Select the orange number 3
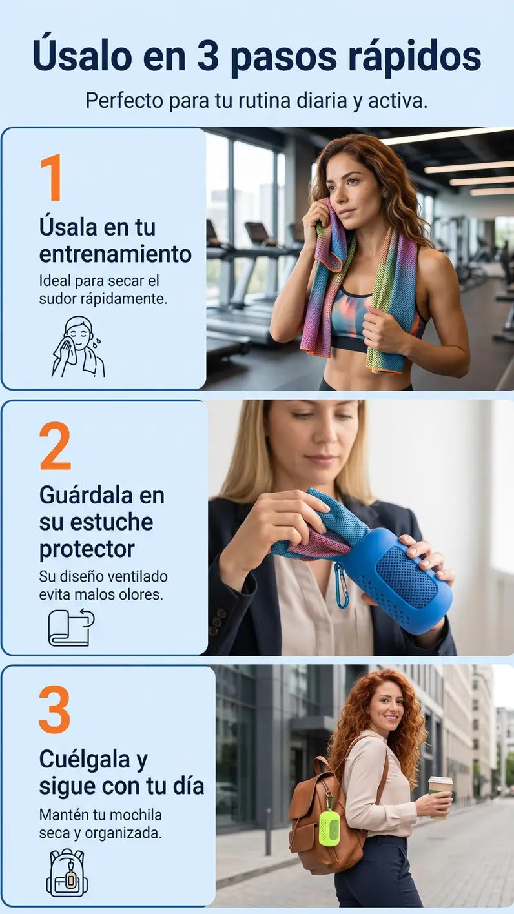(x=55, y=709)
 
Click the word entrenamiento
(x=116, y=254)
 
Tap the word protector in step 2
(x=87, y=550)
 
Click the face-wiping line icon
(x=78, y=347)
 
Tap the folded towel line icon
(x=71, y=628)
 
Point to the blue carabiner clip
(x=341, y=585)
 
